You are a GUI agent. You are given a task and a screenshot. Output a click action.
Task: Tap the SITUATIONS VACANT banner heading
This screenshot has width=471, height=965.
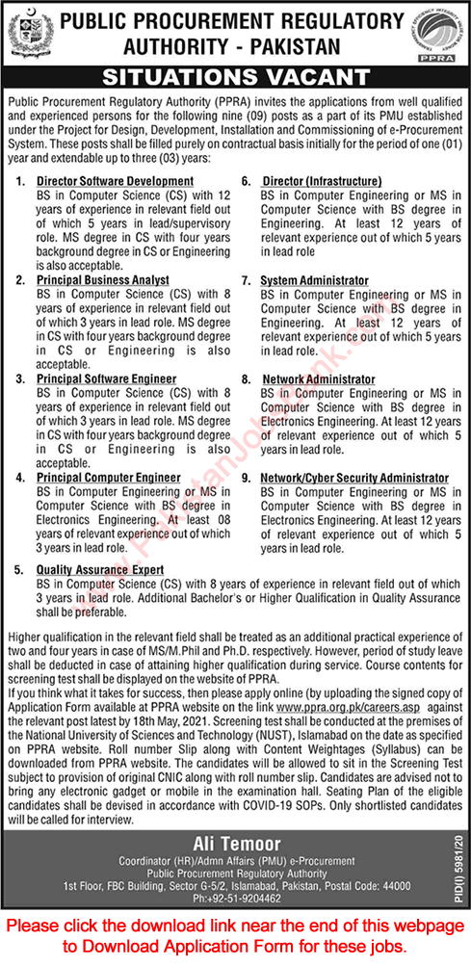(x=236, y=77)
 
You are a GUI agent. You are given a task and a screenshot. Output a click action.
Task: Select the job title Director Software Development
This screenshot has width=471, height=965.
(x=116, y=180)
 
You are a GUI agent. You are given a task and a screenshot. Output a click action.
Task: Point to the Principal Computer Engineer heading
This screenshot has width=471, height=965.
(x=109, y=478)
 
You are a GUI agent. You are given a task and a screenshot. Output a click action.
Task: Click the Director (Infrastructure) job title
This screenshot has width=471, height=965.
(x=322, y=180)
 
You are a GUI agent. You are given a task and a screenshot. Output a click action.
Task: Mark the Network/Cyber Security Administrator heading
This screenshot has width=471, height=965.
(x=355, y=478)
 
